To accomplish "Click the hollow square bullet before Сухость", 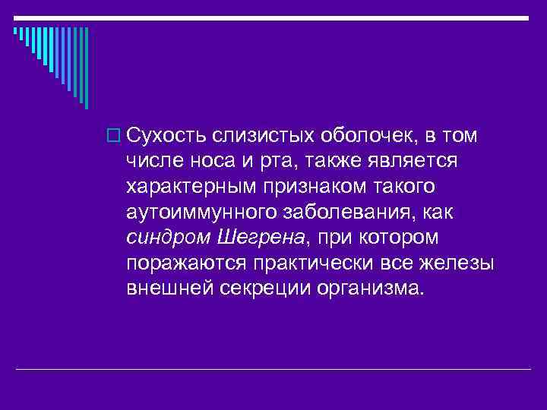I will pos(117,137).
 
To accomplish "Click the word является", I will pos(412,162).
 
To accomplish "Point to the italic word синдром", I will pos(169,238).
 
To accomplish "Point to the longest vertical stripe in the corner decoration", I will pos(86,68).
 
